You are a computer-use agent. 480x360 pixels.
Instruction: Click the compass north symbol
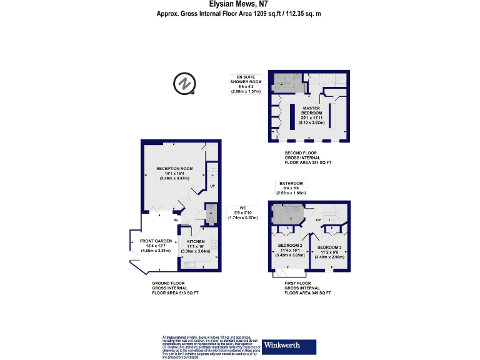pos(185,83)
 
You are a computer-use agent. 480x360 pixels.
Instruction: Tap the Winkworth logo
pos(281,344)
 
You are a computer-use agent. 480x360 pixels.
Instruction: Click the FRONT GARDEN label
pos(156,245)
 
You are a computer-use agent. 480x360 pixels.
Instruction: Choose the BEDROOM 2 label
pos(289,249)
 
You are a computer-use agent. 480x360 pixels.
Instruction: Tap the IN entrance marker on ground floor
pos(176,220)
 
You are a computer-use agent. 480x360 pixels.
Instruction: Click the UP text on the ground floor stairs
pos(212,186)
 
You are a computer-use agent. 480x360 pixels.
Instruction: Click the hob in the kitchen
pos(214,244)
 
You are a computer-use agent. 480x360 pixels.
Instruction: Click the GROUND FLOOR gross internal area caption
pos(175,288)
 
